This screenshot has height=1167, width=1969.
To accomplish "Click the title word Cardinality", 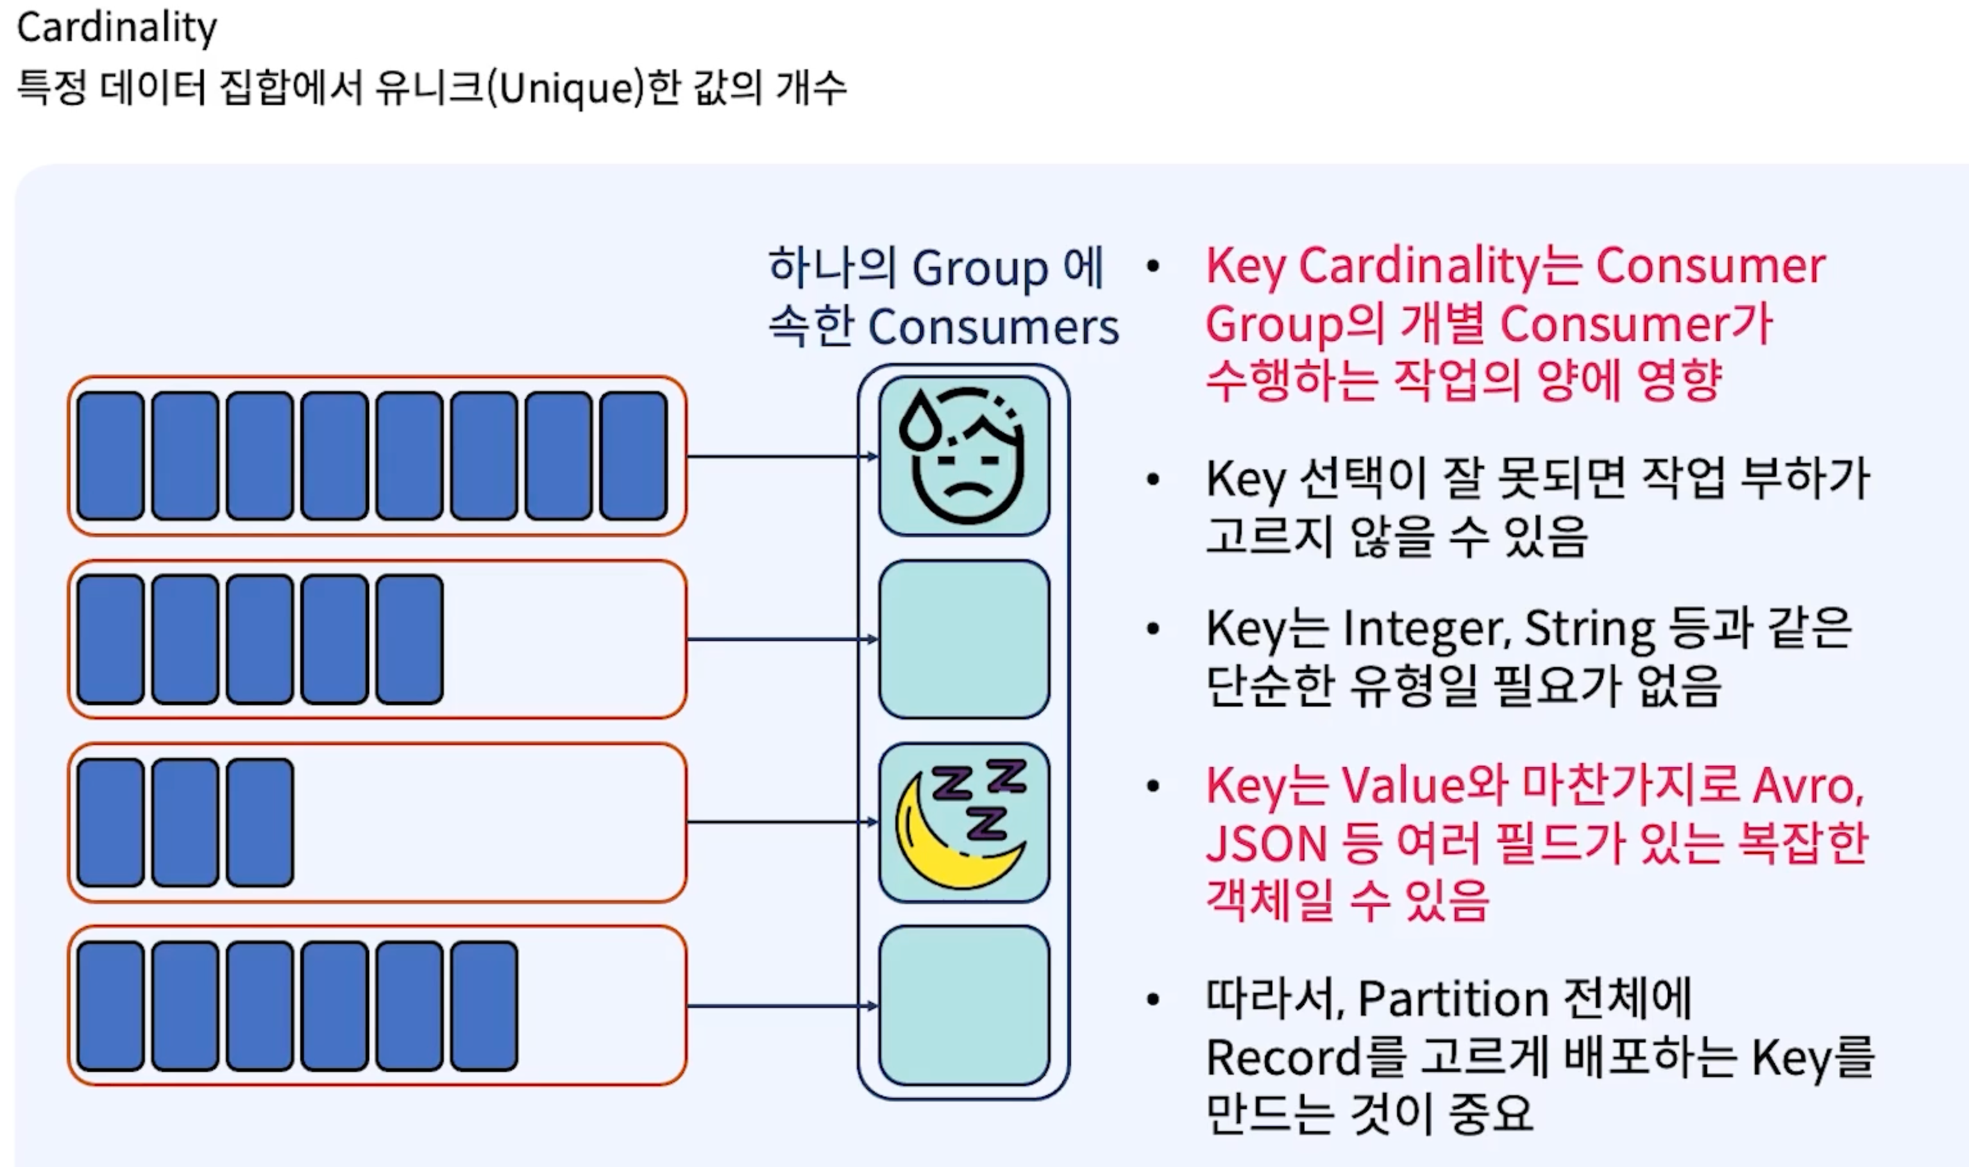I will click(x=116, y=28).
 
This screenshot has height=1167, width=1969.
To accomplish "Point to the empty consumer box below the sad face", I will click(x=964, y=639).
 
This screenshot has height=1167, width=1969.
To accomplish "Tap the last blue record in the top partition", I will click(x=634, y=456).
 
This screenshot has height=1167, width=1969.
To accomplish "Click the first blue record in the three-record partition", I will click(x=111, y=823).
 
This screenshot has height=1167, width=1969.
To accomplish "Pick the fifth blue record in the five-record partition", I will click(x=410, y=639).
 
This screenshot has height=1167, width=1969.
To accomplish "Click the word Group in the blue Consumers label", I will click(x=980, y=269).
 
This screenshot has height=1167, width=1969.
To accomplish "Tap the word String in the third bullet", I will click(x=1589, y=630).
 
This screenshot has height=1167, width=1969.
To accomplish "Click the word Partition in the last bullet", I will click(x=1451, y=1000).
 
